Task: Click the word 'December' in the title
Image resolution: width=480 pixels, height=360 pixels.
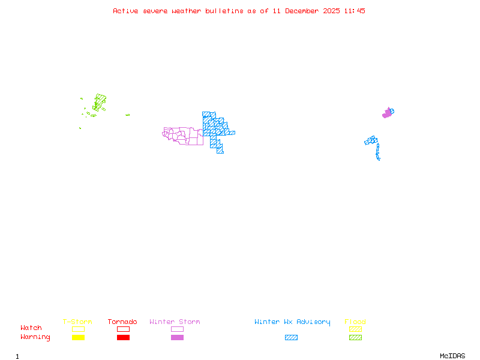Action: (x=303, y=11)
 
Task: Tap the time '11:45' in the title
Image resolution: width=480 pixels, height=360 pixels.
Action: (x=355, y=11)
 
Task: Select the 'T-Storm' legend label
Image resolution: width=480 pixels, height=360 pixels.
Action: (x=77, y=322)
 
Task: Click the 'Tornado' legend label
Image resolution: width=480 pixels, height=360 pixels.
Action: (x=122, y=322)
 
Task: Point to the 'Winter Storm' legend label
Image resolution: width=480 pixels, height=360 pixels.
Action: (x=175, y=322)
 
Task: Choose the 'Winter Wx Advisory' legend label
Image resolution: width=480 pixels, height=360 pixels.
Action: (x=292, y=322)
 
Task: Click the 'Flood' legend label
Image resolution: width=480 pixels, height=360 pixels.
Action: (x=355, y=322)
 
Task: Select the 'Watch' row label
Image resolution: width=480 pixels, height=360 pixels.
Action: (x=31, y=328)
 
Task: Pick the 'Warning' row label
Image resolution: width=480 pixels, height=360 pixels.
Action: (x=35, y=337)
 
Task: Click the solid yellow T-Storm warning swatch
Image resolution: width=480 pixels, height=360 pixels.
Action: (x=78, y=338)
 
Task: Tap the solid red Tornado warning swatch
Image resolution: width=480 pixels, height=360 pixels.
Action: (x=123, y=338)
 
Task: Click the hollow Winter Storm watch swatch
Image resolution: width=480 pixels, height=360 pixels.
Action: (x=177, y=329)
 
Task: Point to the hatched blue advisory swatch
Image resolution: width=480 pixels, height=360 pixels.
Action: (x=291, y=338)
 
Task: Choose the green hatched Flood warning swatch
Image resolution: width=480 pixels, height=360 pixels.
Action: (x=355, y=338)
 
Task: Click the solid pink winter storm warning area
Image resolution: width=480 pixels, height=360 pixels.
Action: (x=387, y=113)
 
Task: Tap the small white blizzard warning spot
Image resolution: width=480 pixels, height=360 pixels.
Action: (x=380, y=159)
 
